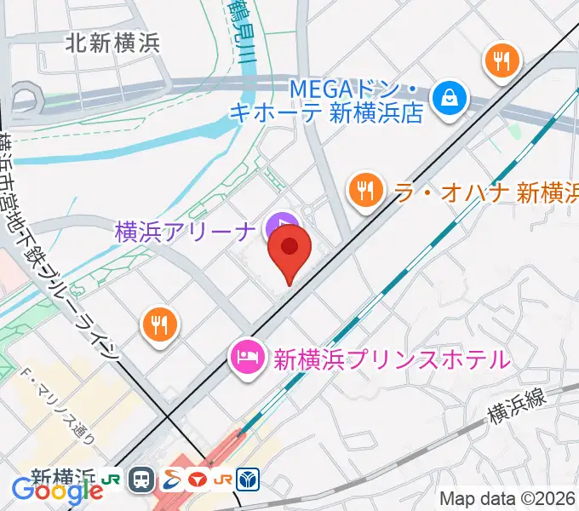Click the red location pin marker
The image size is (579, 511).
(289, 248)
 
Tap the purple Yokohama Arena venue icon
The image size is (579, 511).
(278, 227)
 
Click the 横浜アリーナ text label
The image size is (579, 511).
(186, 229)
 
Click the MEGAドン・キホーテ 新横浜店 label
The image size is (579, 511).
(357, 100)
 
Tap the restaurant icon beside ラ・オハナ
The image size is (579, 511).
(366, 189)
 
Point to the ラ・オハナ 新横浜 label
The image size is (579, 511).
(486, 192)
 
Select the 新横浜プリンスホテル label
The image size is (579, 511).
(392, 359)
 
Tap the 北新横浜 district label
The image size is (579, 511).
(112, 43)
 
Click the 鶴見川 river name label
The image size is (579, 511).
(240, 34)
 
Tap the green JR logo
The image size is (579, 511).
(111, 480)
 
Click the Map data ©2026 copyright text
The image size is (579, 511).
(507, 498)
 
